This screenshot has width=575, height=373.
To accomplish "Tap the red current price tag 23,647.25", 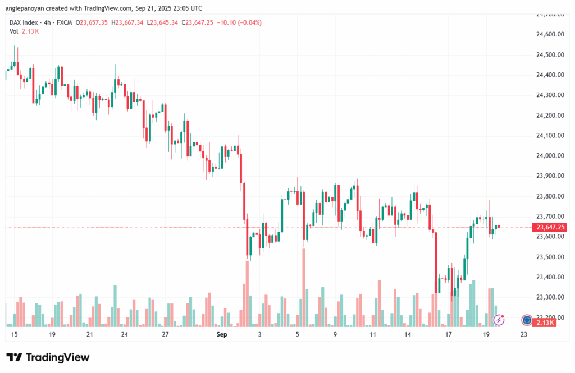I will (x=550, y=227).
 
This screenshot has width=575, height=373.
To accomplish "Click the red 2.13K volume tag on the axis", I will (x=545, y=323).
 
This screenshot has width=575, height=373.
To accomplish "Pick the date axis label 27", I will (x=165, y=334).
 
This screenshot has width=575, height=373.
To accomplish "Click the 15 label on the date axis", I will (x=14, y=334).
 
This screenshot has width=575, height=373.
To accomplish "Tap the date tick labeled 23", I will (x=524, y=334).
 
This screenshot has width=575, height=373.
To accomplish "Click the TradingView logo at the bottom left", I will (x=48, y=358).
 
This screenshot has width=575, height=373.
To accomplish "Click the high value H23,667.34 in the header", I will (x=127, y=22).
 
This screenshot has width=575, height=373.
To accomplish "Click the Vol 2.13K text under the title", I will (x=24, y=31).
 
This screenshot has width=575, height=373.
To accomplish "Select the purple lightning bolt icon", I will (x=499, y=320).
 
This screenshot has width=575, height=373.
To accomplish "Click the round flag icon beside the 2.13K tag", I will (x=527, y=320).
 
